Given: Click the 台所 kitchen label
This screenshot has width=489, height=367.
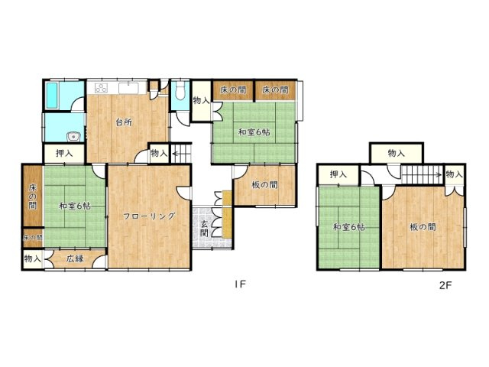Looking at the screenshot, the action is [124, 122].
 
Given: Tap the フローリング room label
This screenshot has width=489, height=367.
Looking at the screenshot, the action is [149, 216].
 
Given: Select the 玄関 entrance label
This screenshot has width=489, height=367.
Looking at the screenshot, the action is [205, 229].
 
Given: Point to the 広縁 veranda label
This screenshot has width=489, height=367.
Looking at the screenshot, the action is [75, 258].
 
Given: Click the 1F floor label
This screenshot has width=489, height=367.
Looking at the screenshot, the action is [241, 284].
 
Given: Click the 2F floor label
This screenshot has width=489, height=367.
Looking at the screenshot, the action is [445, 285].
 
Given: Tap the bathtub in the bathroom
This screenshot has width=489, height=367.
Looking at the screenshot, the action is [52, 96].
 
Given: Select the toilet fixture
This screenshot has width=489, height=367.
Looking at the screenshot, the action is [180, 90].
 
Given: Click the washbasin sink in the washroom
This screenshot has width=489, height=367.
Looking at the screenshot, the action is [73, 137].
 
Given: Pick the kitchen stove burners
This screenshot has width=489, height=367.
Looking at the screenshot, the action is [102, 89].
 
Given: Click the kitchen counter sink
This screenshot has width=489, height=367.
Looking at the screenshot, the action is [128, 89].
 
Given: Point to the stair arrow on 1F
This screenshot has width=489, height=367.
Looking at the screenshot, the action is [178, 154].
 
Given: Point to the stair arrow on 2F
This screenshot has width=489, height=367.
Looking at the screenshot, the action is [423, 175].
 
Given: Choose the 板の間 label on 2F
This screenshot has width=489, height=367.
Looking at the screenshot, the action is [423, 227].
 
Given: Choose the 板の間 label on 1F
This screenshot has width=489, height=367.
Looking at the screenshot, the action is [264, 185].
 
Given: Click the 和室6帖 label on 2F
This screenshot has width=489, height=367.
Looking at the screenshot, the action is [348, 227].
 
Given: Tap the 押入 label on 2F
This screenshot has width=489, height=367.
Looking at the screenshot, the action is [338, 174].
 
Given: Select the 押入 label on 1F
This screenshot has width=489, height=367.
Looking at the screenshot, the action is [64, 153].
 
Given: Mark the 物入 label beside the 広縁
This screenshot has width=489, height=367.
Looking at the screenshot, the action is [32, 258].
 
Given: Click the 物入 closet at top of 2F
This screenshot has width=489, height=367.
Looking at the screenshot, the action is [397, 153].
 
